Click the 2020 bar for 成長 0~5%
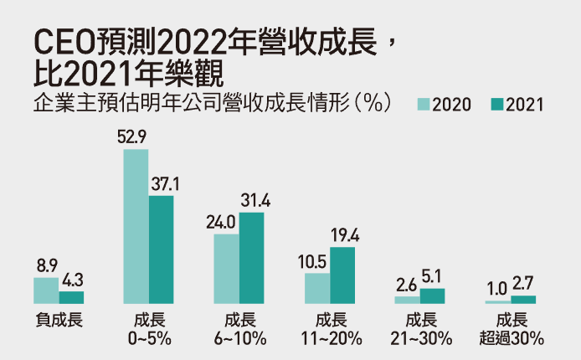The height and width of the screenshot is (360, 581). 136,226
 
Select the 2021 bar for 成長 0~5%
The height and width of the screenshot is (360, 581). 161,249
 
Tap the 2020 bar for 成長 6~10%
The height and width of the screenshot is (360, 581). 226,268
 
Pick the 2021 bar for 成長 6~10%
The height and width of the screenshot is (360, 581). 251,258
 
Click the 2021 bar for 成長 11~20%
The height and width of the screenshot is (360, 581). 342,275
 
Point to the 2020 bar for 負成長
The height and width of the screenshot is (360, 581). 46,290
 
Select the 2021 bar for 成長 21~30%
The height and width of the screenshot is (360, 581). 432,296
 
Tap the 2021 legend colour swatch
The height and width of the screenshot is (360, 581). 497,105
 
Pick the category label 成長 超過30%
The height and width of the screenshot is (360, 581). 512,329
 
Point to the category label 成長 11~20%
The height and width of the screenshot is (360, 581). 329,329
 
